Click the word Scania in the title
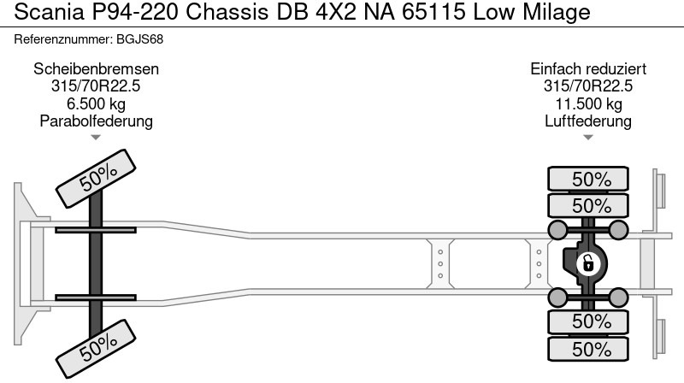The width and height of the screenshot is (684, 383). point(49,12)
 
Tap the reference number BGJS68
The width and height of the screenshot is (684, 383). point(139,39)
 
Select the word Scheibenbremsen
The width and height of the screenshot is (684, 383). point(96,69)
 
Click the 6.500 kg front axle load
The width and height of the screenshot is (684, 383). point(96,103)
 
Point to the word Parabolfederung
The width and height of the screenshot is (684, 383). point(96,121)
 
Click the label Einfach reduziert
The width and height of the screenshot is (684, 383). point(588,69)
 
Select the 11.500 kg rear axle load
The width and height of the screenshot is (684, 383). point(588,103)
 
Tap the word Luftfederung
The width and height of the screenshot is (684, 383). point(588,121)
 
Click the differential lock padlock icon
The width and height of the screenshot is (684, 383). point(588,264)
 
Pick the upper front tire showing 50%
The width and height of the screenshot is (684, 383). point(96,179)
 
